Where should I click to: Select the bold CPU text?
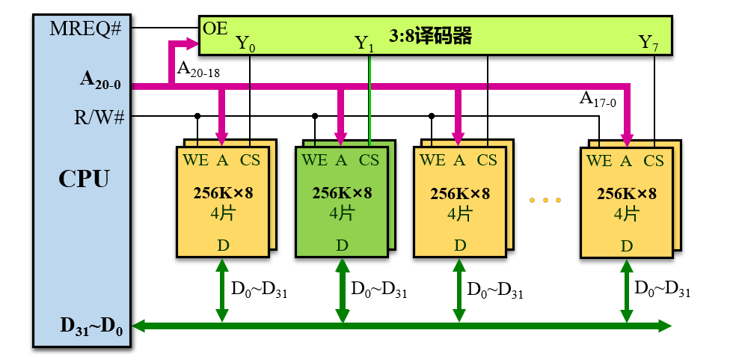(83, 180)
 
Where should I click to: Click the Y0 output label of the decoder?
(245, 43)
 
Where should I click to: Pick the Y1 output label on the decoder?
(364, 43)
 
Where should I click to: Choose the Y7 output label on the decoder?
(648, 43)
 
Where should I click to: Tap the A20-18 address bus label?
(197, 70)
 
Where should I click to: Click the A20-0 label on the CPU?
(100, 79)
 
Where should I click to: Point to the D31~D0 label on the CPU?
(91, 326)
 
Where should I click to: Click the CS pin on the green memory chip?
(369, 159)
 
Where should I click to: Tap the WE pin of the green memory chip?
(314, 159)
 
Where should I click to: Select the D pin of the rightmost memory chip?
(626, 245)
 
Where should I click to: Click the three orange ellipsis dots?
(545, 201)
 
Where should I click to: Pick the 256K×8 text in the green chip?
(342, 193)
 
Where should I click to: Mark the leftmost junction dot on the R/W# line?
(197, 116)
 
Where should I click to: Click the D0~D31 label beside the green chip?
(378, 290)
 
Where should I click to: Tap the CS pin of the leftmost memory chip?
(250, 159)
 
